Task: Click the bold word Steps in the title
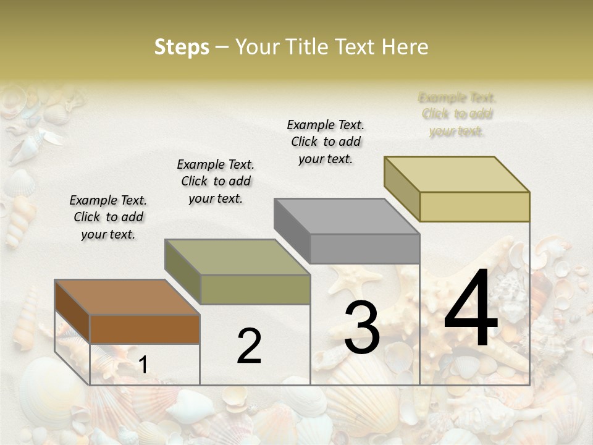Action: [x=182, y=47]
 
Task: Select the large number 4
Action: [x=471, y=311]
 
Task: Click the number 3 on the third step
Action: [x=362, y=328]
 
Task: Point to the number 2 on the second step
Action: [x=249, y=346]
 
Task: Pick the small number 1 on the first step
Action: [x=143, y=365]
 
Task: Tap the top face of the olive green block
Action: [x=237, y=257]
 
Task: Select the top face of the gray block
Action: [x=347, y=216]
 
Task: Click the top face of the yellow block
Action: [x=456, y=174]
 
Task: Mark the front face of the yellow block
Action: [x=474, y=206]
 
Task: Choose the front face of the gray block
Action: [x=364, y=248]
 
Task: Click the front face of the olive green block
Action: [x=255, y=289]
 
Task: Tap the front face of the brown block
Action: [x=145, y=329]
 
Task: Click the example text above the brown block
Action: [x=108, y=217]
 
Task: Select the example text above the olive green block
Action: [x=216, y=181]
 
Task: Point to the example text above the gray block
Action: [x=326, y=142]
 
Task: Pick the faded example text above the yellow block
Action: [x=457, y=114]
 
